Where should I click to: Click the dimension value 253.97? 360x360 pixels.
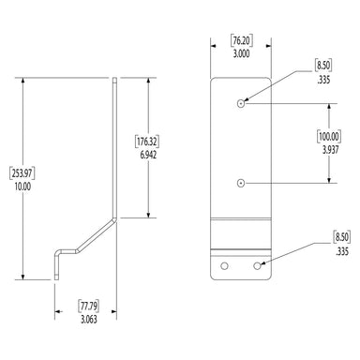pos(22,173)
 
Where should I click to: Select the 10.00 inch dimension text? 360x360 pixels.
pos(22,187)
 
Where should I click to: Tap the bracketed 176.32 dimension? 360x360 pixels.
pos(147,142)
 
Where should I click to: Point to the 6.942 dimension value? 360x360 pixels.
pos(148,155)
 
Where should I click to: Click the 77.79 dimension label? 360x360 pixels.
pos(88,306)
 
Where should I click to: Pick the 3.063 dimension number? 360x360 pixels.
pos(89,320)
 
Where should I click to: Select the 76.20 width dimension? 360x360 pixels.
pos(242,41)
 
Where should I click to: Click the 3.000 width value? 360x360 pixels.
pos(242,53)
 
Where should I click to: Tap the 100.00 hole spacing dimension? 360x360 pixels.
pos(329,137)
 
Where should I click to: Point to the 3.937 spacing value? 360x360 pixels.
pos(330,150)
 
